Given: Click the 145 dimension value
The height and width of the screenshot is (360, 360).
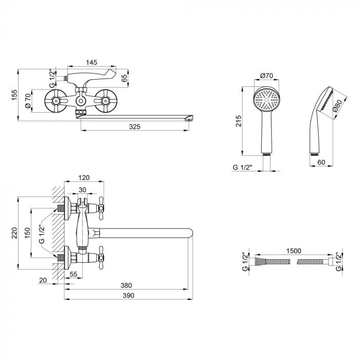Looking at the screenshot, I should [x=92, y=62].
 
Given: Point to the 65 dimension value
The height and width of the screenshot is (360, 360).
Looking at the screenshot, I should [x=124, y=78].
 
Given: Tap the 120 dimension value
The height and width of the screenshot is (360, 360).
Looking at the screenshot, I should [x=84, y=177].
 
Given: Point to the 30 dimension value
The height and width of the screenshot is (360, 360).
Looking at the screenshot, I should [x=83, y=190].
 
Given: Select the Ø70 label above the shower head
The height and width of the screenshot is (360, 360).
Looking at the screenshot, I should [x=266, y=76].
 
